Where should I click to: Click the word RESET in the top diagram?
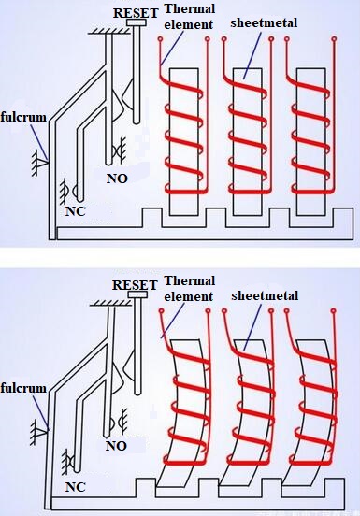(136, 13)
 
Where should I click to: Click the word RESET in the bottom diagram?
(135, 285)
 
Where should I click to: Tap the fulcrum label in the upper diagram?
(23, 117)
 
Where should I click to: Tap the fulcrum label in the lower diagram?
(23, 388)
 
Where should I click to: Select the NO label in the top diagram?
(117, 179)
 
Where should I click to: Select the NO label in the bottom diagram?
(116, 446)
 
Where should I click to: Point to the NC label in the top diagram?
(76, 211)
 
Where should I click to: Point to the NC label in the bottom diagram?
(76, 487)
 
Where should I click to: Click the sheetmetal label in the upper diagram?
(264, 22)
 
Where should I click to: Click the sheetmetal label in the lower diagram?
(265, 295)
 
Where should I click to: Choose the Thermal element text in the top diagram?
(189, 17)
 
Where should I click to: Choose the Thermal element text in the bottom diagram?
(189, 289)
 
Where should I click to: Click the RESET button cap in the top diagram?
(137, 22)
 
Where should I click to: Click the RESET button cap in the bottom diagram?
(137, 294)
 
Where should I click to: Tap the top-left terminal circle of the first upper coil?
(160, 39)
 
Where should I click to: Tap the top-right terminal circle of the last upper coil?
(335, 39)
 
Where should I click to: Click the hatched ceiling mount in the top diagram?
(108, 31)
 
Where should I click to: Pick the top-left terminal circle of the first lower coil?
(161, 310)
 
